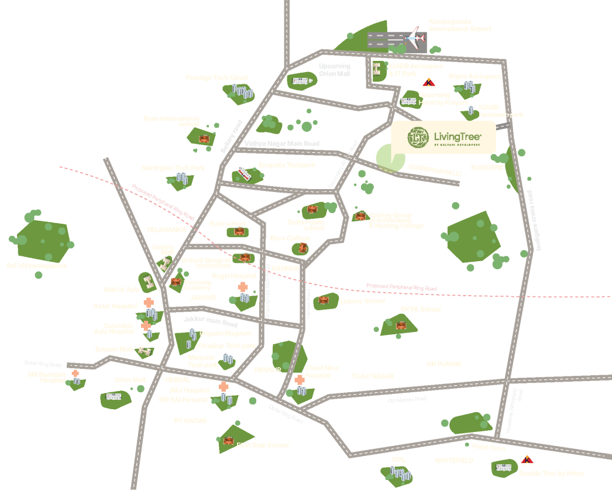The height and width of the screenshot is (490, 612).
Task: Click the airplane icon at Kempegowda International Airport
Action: (414, 39)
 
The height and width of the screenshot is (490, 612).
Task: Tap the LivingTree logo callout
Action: (443, 137)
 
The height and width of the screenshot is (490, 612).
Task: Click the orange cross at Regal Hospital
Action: (242, 287)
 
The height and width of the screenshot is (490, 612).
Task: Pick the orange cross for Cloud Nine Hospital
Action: (300, 380)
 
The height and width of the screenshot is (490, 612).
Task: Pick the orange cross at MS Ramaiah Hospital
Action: (75, 374)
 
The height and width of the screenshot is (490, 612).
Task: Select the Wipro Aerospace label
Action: (475, 77)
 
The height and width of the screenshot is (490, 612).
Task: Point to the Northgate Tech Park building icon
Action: (181, 177)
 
